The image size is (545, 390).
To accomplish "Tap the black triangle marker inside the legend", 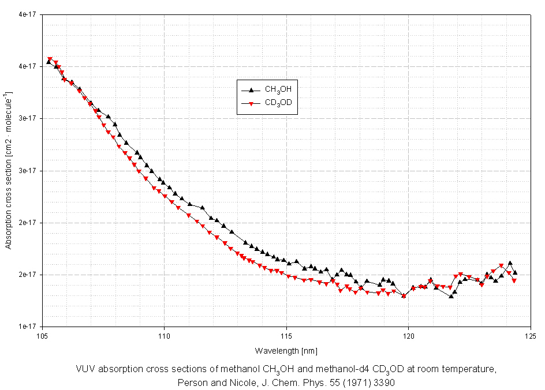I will click(x=251, y=89).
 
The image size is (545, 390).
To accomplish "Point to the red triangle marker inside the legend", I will click(x=251, y=104).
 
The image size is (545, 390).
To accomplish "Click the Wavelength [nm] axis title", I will click(x=286, y=351).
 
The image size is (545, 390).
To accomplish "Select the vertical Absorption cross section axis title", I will click(x=9, y=170).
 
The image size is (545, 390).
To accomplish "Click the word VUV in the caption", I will click(x=85, y=369).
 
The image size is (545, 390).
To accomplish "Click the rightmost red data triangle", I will click(x=514, y=281).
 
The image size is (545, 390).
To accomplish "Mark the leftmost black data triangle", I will click(x=48, y=61).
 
